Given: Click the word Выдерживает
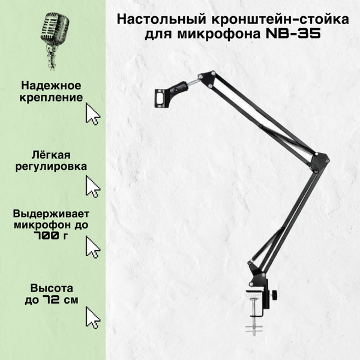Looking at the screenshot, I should pyautogui.click(x=52, y=214).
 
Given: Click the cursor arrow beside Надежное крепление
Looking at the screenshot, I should pyautogui.click(x=92, y=113).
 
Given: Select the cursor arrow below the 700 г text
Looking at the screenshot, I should pyautogui.click(x=92, y=247).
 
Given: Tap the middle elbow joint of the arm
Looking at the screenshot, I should pyautogui.click(x=320, y=160).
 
